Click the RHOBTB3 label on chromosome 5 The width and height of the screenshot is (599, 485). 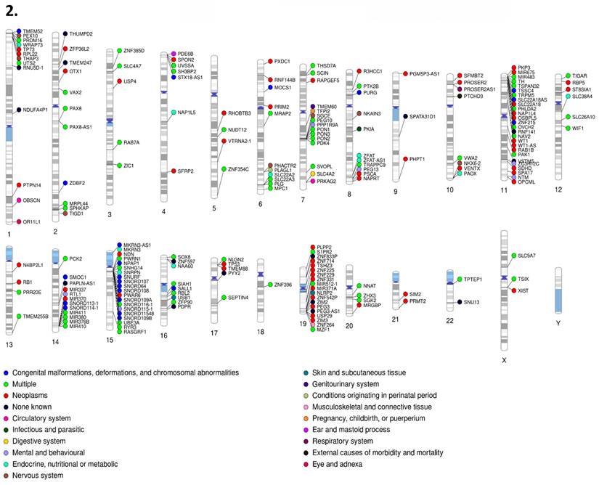click(240, 113)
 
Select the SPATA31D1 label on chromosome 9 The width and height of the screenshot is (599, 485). click(423, 115)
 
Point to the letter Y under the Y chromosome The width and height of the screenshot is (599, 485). click(558, 320)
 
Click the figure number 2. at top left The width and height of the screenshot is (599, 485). click(9, 12)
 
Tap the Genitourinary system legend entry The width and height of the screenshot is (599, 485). click(351, 383)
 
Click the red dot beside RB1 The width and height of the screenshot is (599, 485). click(18, 282)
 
